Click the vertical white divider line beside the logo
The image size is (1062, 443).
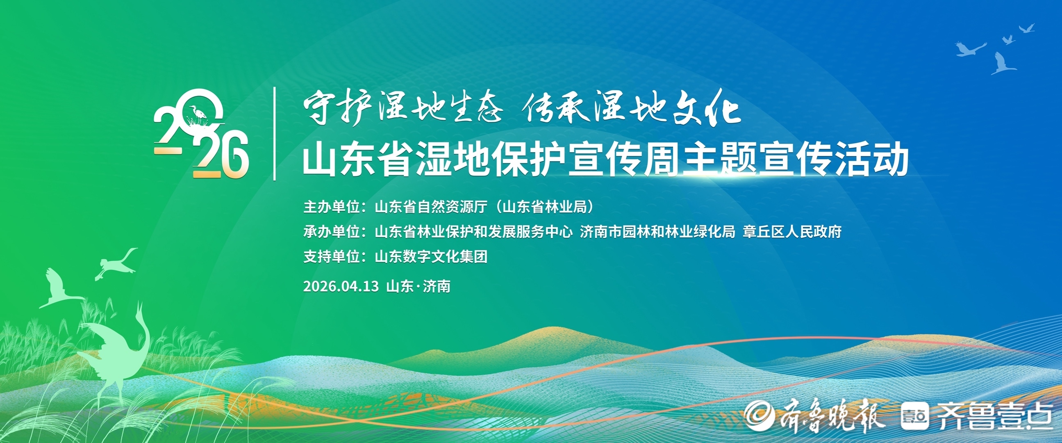[275, 134]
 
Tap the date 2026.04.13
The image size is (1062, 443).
[341, 286]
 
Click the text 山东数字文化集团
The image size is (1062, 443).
[431, 256]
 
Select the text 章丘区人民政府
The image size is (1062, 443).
[792, 232]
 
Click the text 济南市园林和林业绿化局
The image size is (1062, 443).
[657, 232]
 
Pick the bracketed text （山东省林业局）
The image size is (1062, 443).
[545, 207]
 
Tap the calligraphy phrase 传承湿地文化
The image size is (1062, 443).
[631, 107]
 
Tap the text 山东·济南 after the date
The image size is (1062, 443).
[418, 286]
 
